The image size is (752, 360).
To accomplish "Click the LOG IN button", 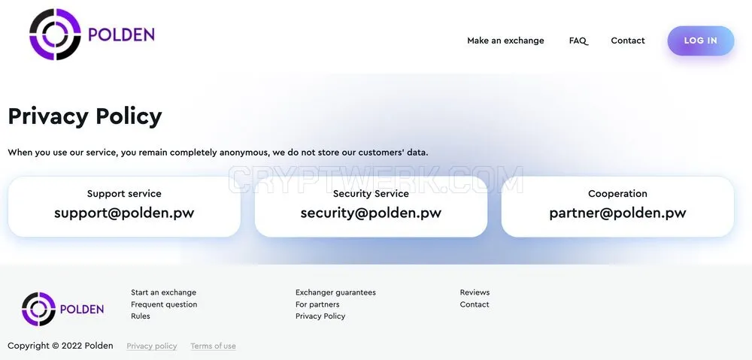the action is (701, 41).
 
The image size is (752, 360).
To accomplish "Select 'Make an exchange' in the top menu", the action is (505, 41).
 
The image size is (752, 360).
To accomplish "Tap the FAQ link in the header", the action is (578, 41).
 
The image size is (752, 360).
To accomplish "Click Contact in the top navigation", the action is (628, 41).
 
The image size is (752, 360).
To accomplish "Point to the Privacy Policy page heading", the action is (85, 116).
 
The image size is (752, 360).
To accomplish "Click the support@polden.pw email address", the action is (124, 213).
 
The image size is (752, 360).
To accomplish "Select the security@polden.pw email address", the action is (371, 213).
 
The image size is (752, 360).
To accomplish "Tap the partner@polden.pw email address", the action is (617, 213).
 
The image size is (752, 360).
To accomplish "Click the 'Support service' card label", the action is (124, 194).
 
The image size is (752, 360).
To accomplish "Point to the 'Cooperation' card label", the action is (617, 194).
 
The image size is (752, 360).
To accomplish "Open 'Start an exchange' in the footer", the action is (163, 292).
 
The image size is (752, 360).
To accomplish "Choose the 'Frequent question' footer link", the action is (164, 304).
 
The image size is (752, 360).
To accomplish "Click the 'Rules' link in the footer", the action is (141, 316).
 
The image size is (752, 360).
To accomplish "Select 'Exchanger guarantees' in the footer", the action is (335, 292).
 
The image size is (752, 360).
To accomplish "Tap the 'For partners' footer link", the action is (317, 304).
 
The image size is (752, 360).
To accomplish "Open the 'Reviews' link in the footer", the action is (475, 292).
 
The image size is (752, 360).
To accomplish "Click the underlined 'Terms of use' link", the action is (213, 346).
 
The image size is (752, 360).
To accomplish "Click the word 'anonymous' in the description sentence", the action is (244, 153).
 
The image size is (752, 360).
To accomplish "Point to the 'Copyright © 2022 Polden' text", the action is (60, 346).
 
